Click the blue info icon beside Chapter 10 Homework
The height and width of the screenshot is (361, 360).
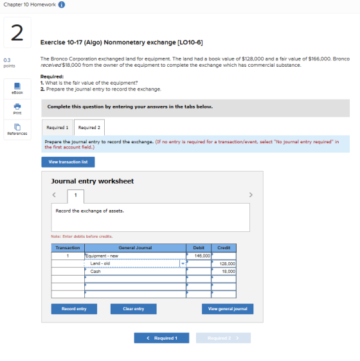(62, 4)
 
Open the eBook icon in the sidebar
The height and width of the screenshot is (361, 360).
(17, 86)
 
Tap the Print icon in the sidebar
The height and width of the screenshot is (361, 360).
(17, 107)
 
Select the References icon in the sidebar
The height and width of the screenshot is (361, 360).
(17, 127)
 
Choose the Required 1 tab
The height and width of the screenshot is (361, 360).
(57, 127)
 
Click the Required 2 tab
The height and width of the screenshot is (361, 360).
(89, 127)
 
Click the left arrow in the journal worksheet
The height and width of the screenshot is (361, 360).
(54, 195)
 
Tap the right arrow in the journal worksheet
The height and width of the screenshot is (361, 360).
(251, 195)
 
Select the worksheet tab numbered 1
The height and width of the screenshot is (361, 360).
(76, 196)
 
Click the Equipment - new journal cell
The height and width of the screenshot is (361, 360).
(135, 256)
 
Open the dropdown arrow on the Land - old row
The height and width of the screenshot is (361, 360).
(183, 263)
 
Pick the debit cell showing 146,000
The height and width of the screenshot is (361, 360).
(199, 256)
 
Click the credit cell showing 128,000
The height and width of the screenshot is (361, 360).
(224, 263)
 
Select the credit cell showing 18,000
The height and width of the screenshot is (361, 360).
(224, 272)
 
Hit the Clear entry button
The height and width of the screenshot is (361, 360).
(134, 309)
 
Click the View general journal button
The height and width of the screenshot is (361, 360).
(228, 309)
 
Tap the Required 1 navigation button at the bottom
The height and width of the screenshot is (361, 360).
(161, 338)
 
